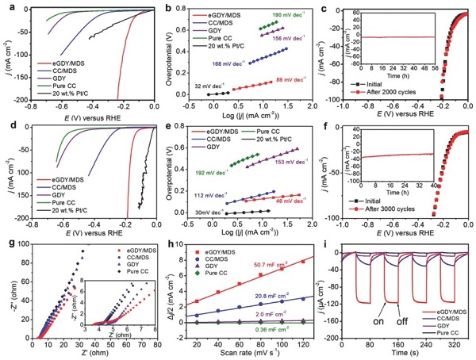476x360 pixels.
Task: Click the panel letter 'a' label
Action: pyautogui.click(x=7, y=9)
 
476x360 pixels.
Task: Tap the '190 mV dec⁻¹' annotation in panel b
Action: pyautogui.click(x=285, y=15)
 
